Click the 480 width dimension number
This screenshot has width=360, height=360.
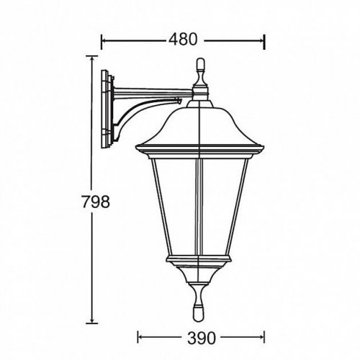click(182, 40)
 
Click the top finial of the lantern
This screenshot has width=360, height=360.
click(200, 72)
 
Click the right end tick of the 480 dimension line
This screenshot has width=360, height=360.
click(266, 40)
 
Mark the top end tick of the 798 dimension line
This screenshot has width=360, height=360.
click(92, 59)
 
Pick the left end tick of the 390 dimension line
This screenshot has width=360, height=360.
click(138, 336)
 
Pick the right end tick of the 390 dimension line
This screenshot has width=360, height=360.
click(265, 336)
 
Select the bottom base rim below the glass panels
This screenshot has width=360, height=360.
click(200, 259)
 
